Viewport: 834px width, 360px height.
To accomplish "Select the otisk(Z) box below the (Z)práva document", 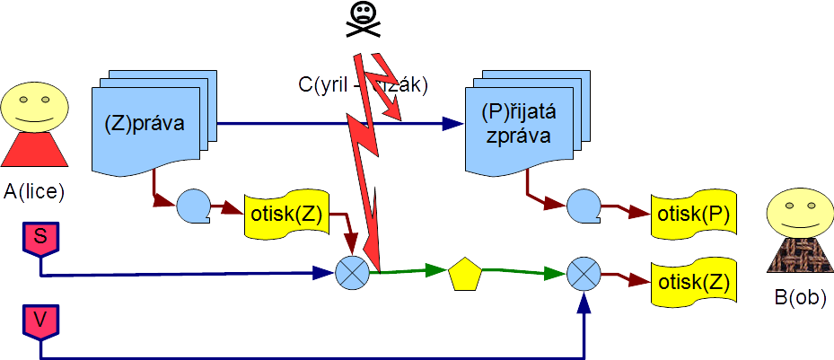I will tap(285, 216).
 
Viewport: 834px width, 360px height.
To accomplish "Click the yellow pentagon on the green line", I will tap(465, 273).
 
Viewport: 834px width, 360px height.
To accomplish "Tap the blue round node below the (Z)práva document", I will tap(192, 206).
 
